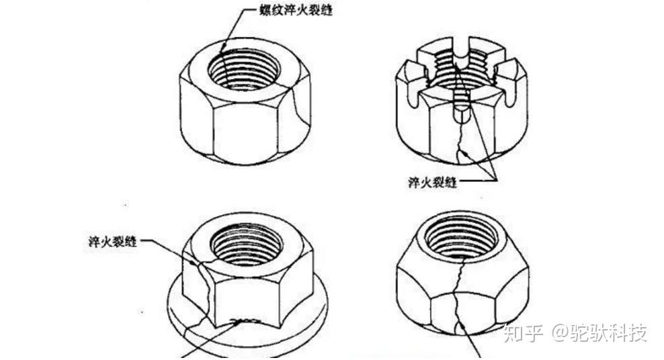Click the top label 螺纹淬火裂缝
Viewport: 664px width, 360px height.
[x=296, y=9]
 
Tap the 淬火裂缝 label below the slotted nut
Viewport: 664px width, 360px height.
[x=433, y=182]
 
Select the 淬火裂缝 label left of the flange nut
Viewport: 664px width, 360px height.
[x=113, y=242]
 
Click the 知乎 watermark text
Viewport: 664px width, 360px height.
[x=524, y=333]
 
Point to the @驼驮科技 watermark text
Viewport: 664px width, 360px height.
[x=599, y=333]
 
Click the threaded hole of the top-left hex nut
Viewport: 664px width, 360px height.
[x=243, y=69]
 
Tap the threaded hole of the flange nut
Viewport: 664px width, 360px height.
[x=246, y=244]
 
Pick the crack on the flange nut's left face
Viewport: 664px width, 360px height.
[x=203, y=284]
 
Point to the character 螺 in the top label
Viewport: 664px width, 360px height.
[x=265, y=9]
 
